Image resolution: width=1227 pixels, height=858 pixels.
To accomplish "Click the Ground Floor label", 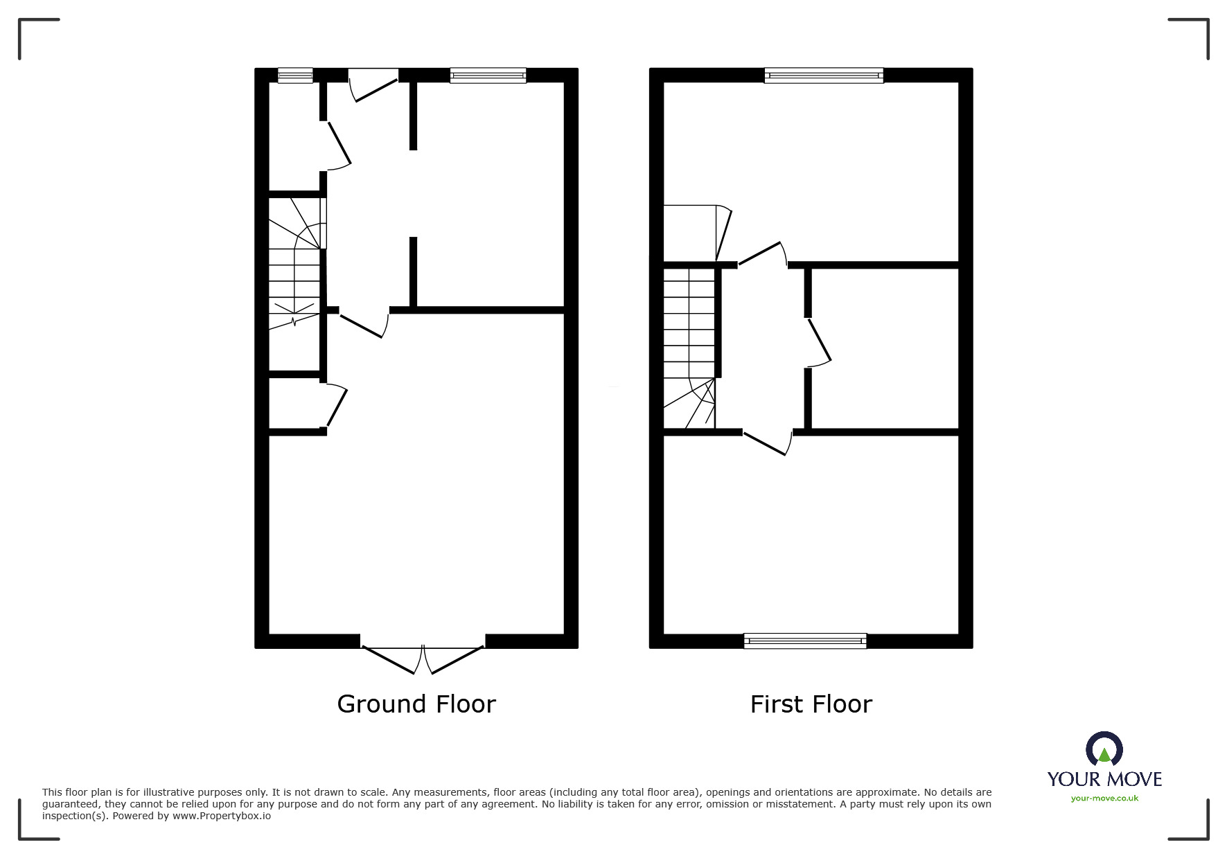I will click(x=416, y=704).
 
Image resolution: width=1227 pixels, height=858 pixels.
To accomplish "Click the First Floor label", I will click(x=811, y=704).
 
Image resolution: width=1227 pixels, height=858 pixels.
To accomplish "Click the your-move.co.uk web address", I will click(x=1104, y=798).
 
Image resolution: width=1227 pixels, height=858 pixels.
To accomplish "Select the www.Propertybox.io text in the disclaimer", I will click(x=222, y=816).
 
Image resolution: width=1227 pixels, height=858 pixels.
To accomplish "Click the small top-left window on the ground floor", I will click(x=295, y=75).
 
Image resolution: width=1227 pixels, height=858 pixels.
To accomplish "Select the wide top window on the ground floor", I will click(x=488, y=75).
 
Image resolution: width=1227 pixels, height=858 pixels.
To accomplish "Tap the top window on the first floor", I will click(x=824, y=75).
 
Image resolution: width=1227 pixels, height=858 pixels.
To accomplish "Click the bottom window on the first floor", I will click(x=805, y=641).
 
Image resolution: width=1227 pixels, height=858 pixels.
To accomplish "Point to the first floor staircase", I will click(x=689, y=346).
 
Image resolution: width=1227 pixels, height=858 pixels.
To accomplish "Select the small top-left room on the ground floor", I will click(x=294, y=135).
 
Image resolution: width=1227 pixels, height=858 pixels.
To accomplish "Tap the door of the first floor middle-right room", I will click(x=819, y=341).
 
